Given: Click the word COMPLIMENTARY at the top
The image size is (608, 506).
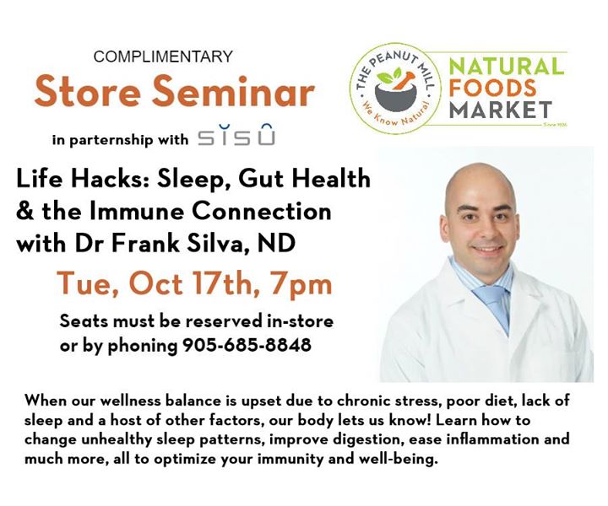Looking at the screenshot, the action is [x=163, y=57].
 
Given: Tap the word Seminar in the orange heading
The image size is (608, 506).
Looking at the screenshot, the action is [x=233, y=92].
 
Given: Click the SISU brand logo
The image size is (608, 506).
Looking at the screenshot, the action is [x=236, y=135].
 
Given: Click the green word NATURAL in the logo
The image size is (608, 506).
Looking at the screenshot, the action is [x=507, y=67].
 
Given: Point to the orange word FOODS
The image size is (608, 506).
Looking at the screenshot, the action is [x=493, y=88].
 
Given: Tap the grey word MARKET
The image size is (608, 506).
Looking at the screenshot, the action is [x=501, y=110].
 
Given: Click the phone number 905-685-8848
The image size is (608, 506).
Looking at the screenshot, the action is [x=247, y=344].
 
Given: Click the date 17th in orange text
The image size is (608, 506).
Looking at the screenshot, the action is [x=222, y=283].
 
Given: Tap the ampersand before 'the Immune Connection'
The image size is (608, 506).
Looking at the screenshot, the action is [x=25, y=212].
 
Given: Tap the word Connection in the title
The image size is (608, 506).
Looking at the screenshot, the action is [x=261, y=211].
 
